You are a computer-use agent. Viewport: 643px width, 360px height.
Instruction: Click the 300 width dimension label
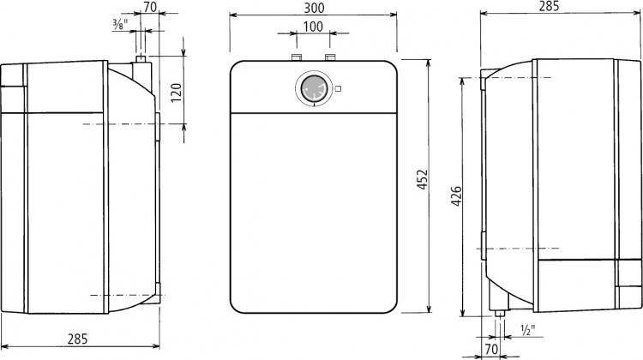tap(315, 8)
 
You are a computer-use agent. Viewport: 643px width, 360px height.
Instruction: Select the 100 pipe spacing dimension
tap(313, 27)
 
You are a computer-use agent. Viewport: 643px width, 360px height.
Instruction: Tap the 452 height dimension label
tap(422, 179)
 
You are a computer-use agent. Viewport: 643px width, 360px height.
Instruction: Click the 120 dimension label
tap(176, 93)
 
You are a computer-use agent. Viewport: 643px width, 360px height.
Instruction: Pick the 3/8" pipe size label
tap(121, 24)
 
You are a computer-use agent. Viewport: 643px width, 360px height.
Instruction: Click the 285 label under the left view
tap(77, 339)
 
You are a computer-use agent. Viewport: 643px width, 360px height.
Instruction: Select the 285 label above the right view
tap(549, 6)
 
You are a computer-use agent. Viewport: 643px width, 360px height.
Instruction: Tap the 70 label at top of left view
tap(151, 6)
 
